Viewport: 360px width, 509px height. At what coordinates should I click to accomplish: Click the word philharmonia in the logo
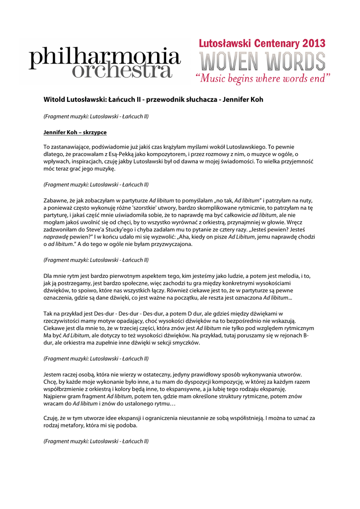point(104,58)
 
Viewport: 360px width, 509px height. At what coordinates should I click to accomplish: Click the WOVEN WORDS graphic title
point(263,62)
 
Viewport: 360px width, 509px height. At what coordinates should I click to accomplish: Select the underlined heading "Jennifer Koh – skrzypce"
point(75,133)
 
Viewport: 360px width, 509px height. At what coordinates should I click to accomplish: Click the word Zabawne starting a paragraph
point(57,200)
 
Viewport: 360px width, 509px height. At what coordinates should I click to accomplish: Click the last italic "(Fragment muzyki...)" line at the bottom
point(96,440)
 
